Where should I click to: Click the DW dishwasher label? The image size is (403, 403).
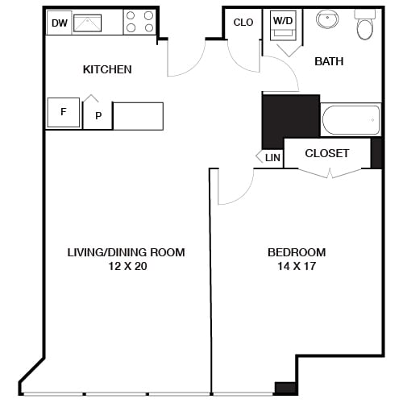(59, 23)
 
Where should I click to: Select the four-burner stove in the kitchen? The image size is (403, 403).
(139, 22)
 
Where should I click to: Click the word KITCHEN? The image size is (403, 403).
(107, 69)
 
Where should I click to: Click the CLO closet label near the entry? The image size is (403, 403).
(243, 23)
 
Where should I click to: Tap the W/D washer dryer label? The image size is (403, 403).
(282, 21)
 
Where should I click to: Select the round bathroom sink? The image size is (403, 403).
(327, 19)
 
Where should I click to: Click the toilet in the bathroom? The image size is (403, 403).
(365, 27)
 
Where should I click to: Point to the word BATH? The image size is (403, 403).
(329, 61)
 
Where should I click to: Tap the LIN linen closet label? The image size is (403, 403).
(272, 158)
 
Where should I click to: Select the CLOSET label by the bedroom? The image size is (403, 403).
(327, 153)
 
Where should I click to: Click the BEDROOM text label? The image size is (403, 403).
(297, 252)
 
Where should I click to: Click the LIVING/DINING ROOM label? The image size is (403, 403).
(126, 252)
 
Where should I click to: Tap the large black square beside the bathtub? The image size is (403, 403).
(290, 121)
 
